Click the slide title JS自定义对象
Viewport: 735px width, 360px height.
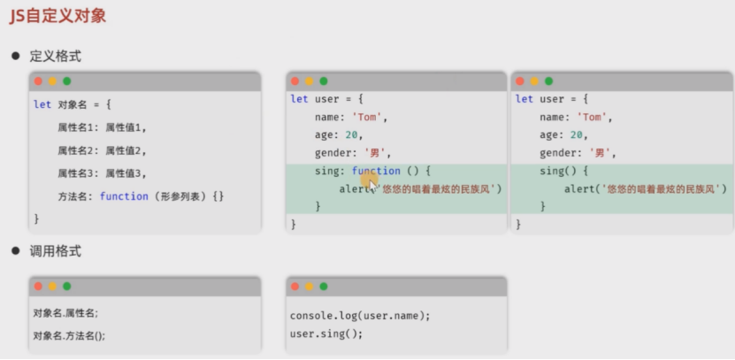pyautogui.click(x=59, y=16)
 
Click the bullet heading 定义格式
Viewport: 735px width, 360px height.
pyautogui.click(x=56, y=56)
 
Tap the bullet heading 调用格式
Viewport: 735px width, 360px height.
pyautogui.click(x=56, y=251)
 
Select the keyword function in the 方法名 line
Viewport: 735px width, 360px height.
pyautogui.click(x=124, y=195)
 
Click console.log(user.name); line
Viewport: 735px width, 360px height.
pyautogui.click(x=360, y=316)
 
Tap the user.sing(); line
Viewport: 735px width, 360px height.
pyautogui.click(x=326, y=333)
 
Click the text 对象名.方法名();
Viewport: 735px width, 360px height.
pyautogui.click(x=69, y=335)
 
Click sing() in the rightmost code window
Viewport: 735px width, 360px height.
pyautogui.click(x=557, y=171)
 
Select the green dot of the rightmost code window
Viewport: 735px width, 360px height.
pyautogui.click(x=548, y=80)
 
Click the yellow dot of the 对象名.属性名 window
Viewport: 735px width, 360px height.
pyautogui.click(x=52, y=287)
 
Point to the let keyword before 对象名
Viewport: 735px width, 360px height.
pyautogui.click(x=42, y=103)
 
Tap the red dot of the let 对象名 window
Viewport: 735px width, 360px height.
pyautogui.click(x=37, y=81)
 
